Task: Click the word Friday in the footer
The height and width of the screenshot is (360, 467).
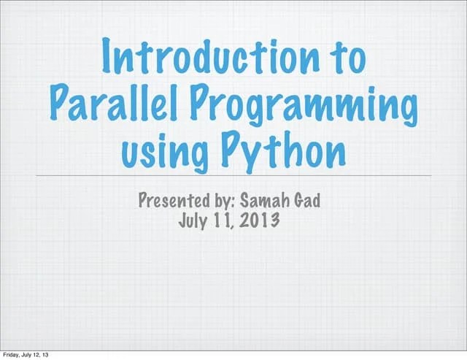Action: click(12, 354)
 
